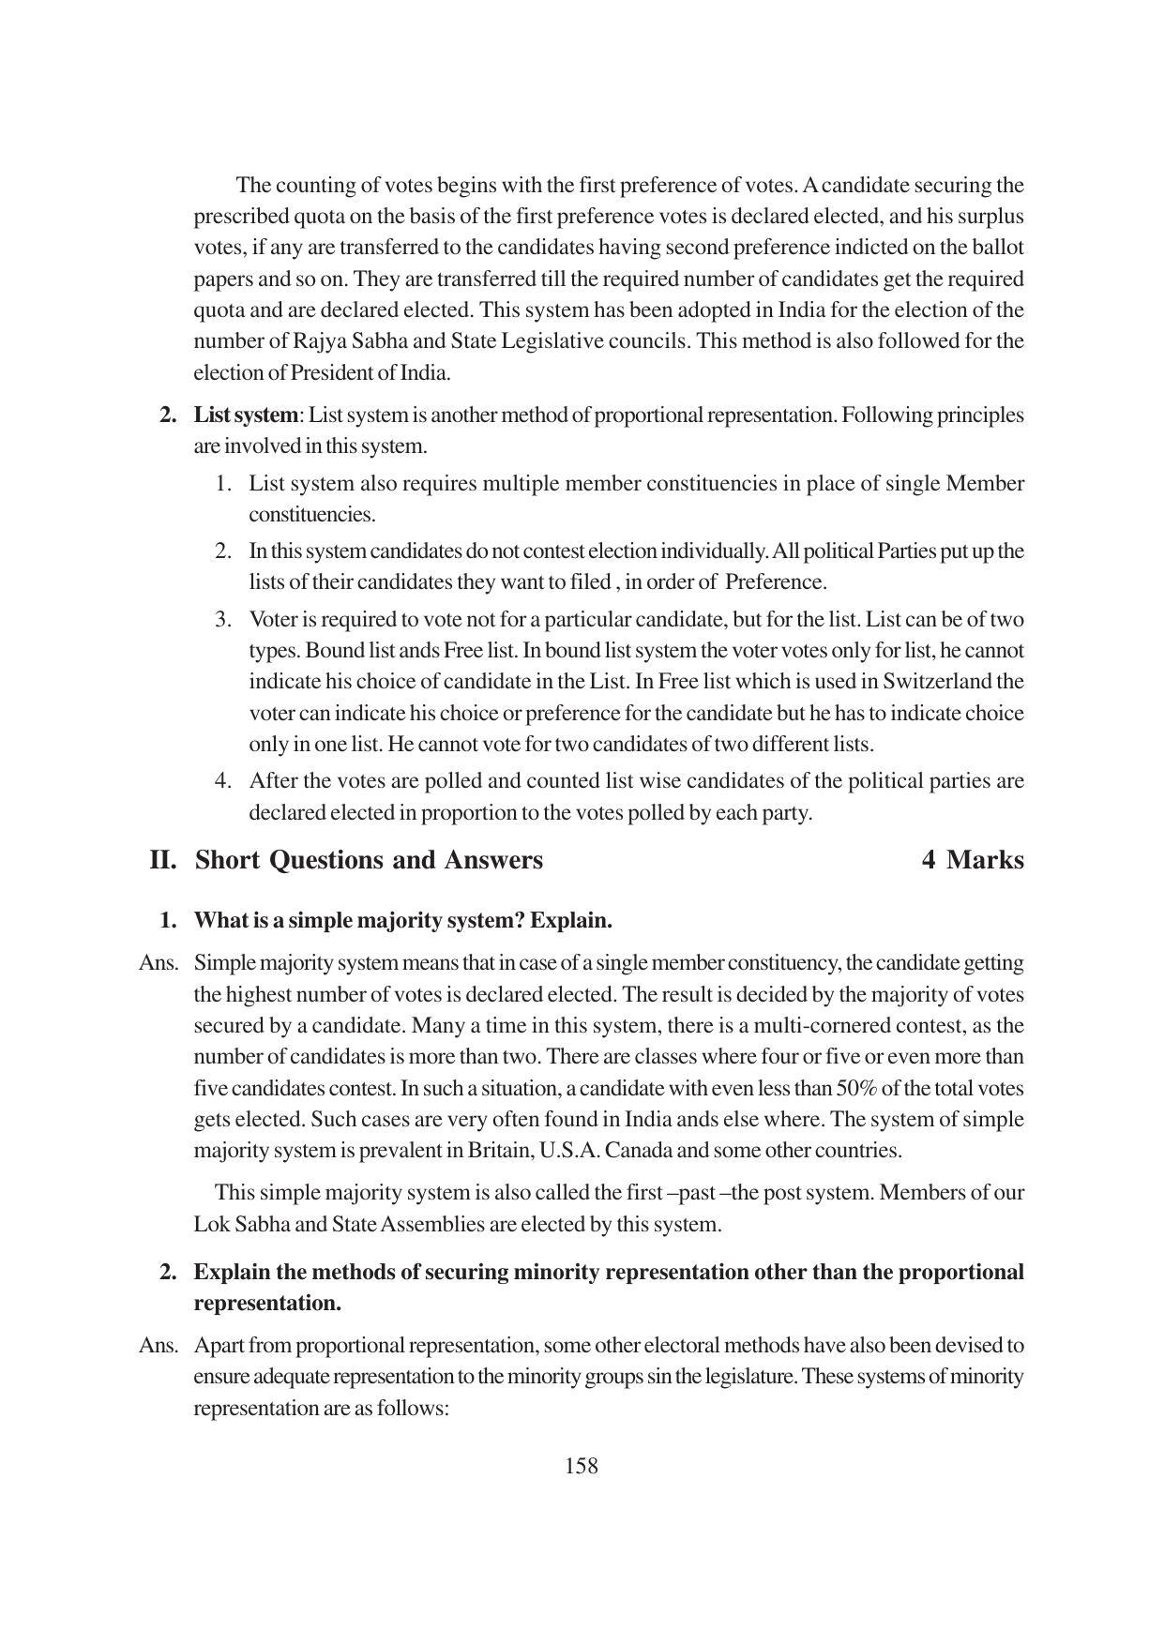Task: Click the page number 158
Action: coord(581,1466)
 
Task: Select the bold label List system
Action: coord(246,415)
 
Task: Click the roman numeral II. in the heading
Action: coord(163,860)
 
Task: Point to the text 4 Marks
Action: coord(973,860)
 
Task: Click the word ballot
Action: coord(997,248)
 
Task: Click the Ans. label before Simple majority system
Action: coord(159,963)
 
